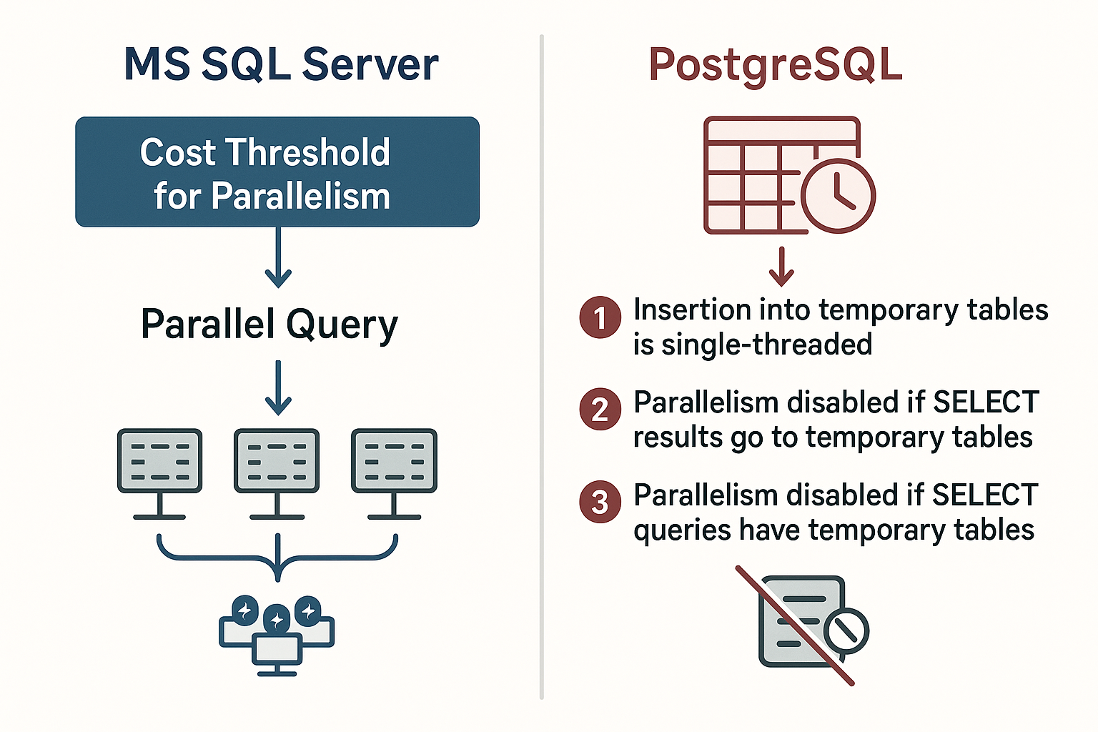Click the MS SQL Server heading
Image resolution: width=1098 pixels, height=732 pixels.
pyautogui.click(x=281, y=64)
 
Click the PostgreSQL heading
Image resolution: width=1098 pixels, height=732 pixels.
pyautogui.click(x=775, y=64)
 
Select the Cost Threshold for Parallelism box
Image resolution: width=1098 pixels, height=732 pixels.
pyautogui.click(x=277, y=172)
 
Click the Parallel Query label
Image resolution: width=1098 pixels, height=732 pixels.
pyautogui.click(x=269, y=325)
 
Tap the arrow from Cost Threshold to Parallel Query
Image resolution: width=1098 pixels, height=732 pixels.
pyautogui.click(x=278, y=257)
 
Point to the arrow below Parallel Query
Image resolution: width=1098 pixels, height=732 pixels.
pyautogui.click(x=278, y=387)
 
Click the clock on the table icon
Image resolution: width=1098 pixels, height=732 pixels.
pyautogui.click(x=838, y=194)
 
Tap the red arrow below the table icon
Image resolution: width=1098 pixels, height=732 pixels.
pyautogui.click(x=781, y=267)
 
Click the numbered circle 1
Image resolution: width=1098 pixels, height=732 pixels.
pyautogui.click(x=600, y=317)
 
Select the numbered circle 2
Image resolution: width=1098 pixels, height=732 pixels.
pyautogui.click(x=600, y=410)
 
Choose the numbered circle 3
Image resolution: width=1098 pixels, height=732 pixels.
pyautogui.click(x=600, y=502)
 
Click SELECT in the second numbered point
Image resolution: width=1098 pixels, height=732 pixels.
pyautogui.click(x=986, y=402)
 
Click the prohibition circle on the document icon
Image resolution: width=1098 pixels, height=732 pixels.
pyautogui.click(x=846, y=631)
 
